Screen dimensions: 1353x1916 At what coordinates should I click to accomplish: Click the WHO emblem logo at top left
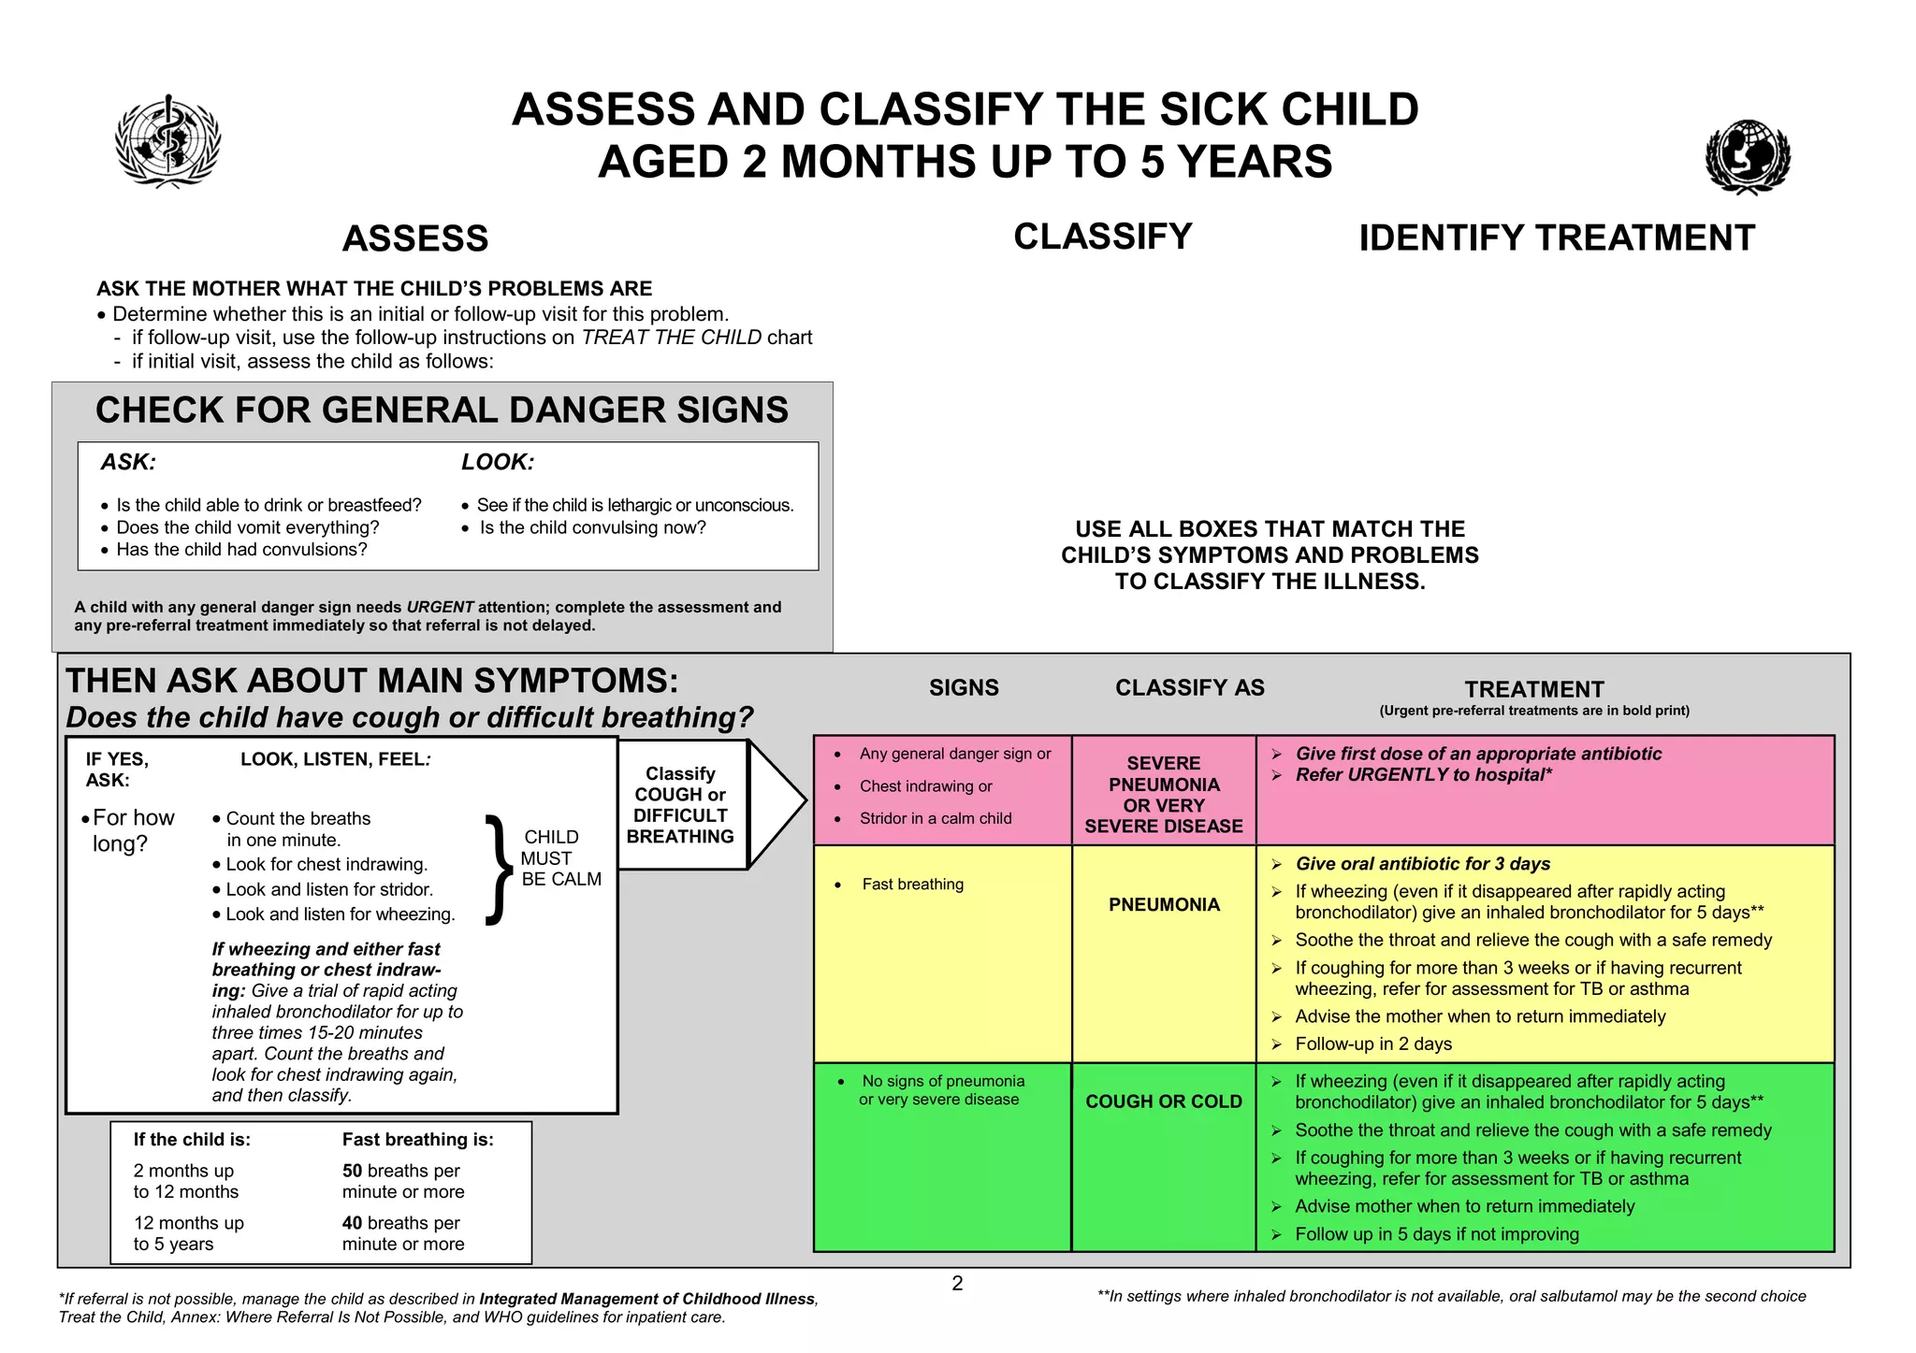coord(167,141)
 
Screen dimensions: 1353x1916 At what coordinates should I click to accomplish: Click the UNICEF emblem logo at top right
coord(1747,156)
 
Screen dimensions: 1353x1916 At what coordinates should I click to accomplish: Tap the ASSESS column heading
coord(415,239)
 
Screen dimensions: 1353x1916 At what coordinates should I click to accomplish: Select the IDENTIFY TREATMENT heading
coord(1557,238)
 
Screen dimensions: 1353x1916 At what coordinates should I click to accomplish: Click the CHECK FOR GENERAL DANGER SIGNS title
coord(442,410)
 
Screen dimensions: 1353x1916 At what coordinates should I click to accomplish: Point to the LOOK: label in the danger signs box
coord(497,462)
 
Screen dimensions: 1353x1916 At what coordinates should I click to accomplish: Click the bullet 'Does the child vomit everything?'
coord(247,527)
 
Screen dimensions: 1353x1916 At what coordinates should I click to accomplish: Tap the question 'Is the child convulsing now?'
coord(592,527)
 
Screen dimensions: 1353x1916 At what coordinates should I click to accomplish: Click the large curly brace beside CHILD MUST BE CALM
coord(499,870)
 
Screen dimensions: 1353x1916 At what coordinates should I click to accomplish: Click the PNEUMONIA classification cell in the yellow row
coord(1164,905)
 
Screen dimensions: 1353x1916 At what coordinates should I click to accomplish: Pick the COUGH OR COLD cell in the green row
coord(1164,1101)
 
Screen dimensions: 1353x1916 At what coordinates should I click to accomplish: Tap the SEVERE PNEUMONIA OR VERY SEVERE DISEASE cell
coord(1164,795)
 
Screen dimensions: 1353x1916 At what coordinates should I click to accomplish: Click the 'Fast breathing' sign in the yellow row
coord(912,885)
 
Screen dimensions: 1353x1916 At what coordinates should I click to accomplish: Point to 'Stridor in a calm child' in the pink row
coord(936,819)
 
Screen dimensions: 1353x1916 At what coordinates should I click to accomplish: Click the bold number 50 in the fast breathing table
coord(352,1171)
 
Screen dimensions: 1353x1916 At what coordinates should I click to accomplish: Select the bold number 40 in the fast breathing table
coord(352,1223)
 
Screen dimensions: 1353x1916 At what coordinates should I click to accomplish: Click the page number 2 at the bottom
coord(957,1284)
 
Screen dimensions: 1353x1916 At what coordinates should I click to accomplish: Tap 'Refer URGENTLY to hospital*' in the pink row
coord(1423,775)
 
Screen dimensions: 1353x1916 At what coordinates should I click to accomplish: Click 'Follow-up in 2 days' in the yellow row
coord(1373,1044)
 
